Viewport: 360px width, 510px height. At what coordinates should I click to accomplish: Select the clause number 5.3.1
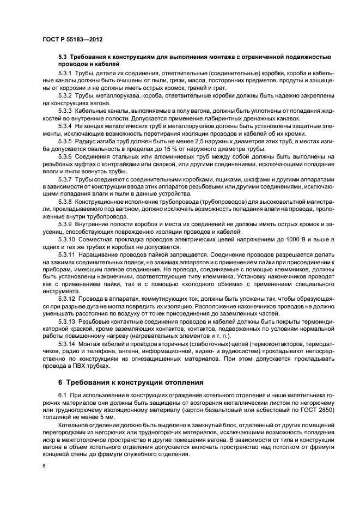(x=65, y=73)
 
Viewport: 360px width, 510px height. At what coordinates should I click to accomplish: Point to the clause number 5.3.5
(x=65, y=142)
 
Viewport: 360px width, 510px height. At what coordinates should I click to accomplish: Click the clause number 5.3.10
(x=67, y=240)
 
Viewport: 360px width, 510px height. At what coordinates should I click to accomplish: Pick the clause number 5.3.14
(x=67, y=343)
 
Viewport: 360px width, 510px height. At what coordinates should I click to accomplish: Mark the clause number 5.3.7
(x=65, y=179)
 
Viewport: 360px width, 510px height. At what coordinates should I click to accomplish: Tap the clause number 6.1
(x=62, y=394)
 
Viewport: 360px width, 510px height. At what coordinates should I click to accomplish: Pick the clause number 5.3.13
(x=67, y=321)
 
